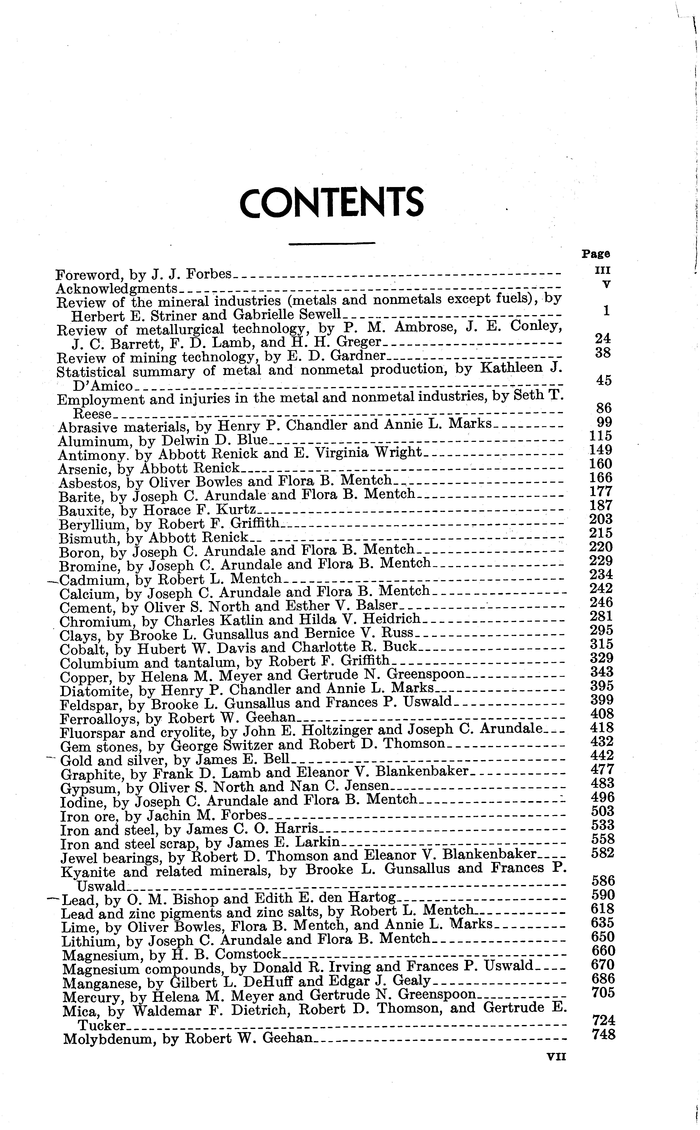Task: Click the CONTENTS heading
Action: coord(331,203)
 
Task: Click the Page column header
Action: coord(596,254)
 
